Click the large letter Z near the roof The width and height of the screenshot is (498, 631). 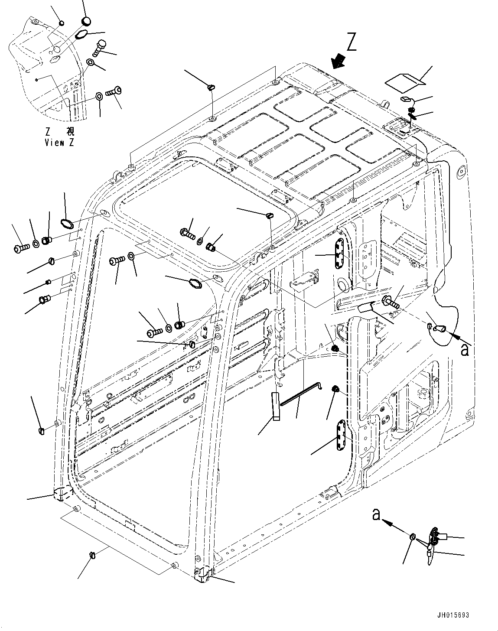352,42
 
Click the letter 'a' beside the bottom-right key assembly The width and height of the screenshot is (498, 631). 377,514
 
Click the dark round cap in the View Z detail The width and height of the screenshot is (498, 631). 87,21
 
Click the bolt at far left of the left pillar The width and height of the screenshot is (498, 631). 21,249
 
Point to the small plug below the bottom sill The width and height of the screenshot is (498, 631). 92,556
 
